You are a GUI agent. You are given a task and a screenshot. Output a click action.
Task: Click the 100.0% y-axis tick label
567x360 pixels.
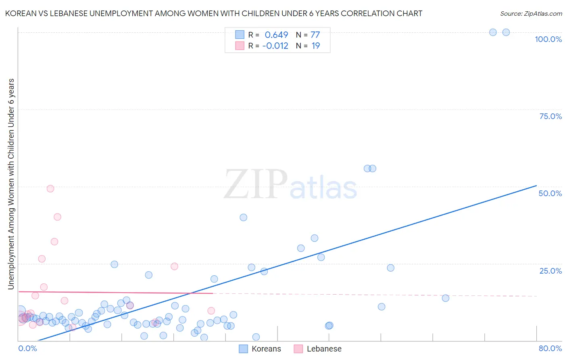coord(548,39)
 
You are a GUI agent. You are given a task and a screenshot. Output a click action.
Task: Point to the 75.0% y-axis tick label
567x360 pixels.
coord(550,116)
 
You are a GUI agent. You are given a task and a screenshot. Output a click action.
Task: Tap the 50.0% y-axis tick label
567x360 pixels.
coord(550,193)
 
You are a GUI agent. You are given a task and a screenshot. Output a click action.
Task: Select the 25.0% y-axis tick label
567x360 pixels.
coord(550,271)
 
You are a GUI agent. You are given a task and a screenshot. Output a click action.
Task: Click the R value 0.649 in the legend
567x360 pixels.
coord(276,35)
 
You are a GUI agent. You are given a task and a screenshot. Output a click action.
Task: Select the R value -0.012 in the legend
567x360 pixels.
coord(275,46)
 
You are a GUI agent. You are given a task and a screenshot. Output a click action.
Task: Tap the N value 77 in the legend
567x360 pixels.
coord(315,35)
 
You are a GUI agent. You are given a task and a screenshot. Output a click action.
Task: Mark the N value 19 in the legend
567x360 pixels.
coord(315,46)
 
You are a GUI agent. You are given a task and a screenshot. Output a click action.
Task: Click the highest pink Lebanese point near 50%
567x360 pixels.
coord(50,188)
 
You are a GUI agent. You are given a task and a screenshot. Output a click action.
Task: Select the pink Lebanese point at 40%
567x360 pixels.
coord(57,217)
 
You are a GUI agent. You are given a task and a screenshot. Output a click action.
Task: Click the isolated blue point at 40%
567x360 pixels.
coord(243,218)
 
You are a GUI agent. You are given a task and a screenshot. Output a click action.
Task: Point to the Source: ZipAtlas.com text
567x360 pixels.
coord(531,14)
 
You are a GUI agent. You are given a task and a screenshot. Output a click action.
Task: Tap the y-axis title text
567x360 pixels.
coord(11,184)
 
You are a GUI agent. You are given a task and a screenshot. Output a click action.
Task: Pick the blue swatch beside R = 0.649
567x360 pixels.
coord(240,35)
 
